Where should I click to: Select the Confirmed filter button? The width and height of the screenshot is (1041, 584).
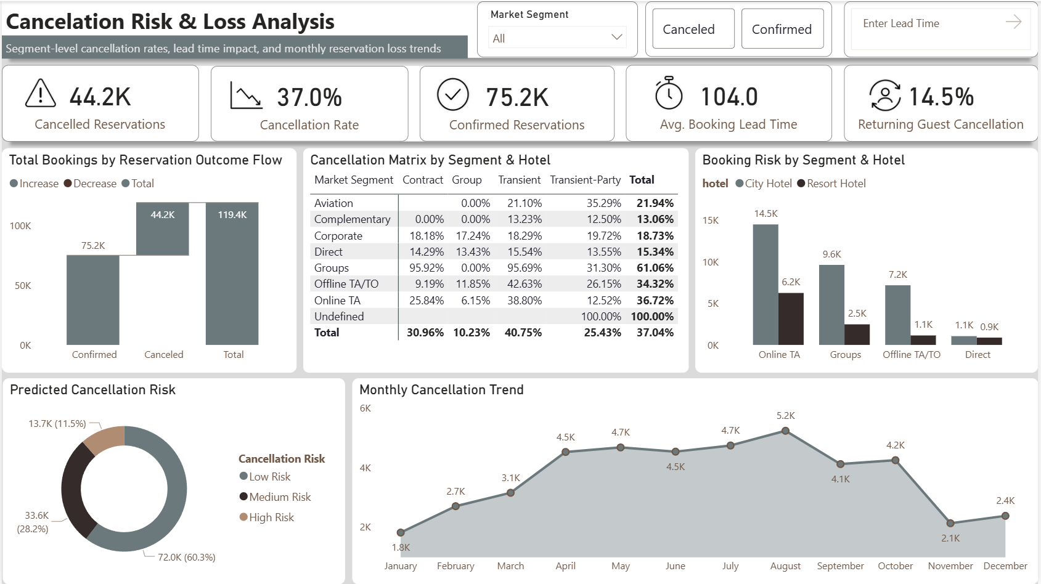point(782,29)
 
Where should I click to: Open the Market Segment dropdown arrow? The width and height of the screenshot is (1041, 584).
point(617,37)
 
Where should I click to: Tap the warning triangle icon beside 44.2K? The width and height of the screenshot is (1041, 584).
point(41,94)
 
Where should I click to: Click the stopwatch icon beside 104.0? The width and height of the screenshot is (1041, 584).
point(669,93)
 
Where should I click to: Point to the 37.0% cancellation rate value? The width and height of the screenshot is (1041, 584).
point(309,97)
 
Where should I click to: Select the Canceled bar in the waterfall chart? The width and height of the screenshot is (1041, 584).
point(163,229)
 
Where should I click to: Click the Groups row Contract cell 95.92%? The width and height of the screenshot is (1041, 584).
point(426,268)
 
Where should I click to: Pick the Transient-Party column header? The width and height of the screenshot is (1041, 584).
point(585,180)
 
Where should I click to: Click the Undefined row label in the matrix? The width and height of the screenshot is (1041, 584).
point(339,317)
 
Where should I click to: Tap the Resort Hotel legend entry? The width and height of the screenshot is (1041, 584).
point(831,184)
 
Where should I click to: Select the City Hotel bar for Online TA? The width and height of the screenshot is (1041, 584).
point(765,285)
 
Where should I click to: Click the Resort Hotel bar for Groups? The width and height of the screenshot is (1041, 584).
point(857,335)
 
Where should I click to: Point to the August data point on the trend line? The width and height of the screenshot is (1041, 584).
point(785,431)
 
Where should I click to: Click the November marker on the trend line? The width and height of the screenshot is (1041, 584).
point(950,523)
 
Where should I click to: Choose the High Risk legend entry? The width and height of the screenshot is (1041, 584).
point(267,517)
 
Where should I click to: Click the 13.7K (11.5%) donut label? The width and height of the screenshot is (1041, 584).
point(57,424)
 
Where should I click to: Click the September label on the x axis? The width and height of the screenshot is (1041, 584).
point(840,566)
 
